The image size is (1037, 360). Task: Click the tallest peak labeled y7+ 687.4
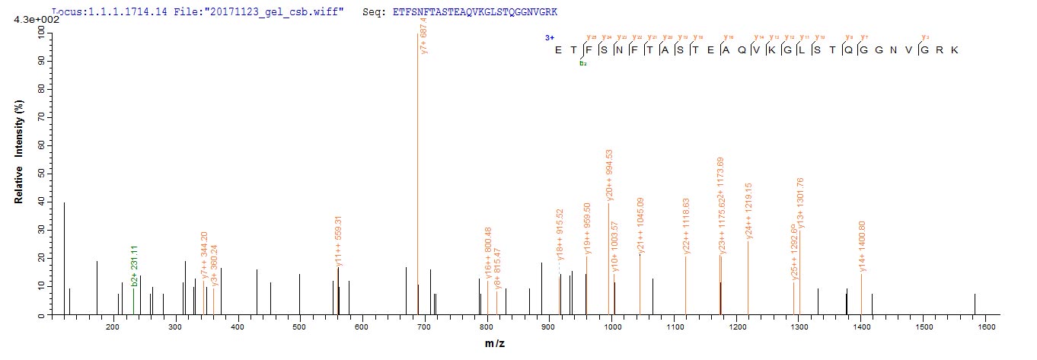click(x=418, y=175)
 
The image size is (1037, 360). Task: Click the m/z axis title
click(x=495, y=344)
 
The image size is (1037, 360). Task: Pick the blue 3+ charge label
click(x=549, y=37)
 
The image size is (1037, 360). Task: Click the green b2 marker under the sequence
click(x=583, y=64)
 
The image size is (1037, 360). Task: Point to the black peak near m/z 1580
click(x=975, y=304)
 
